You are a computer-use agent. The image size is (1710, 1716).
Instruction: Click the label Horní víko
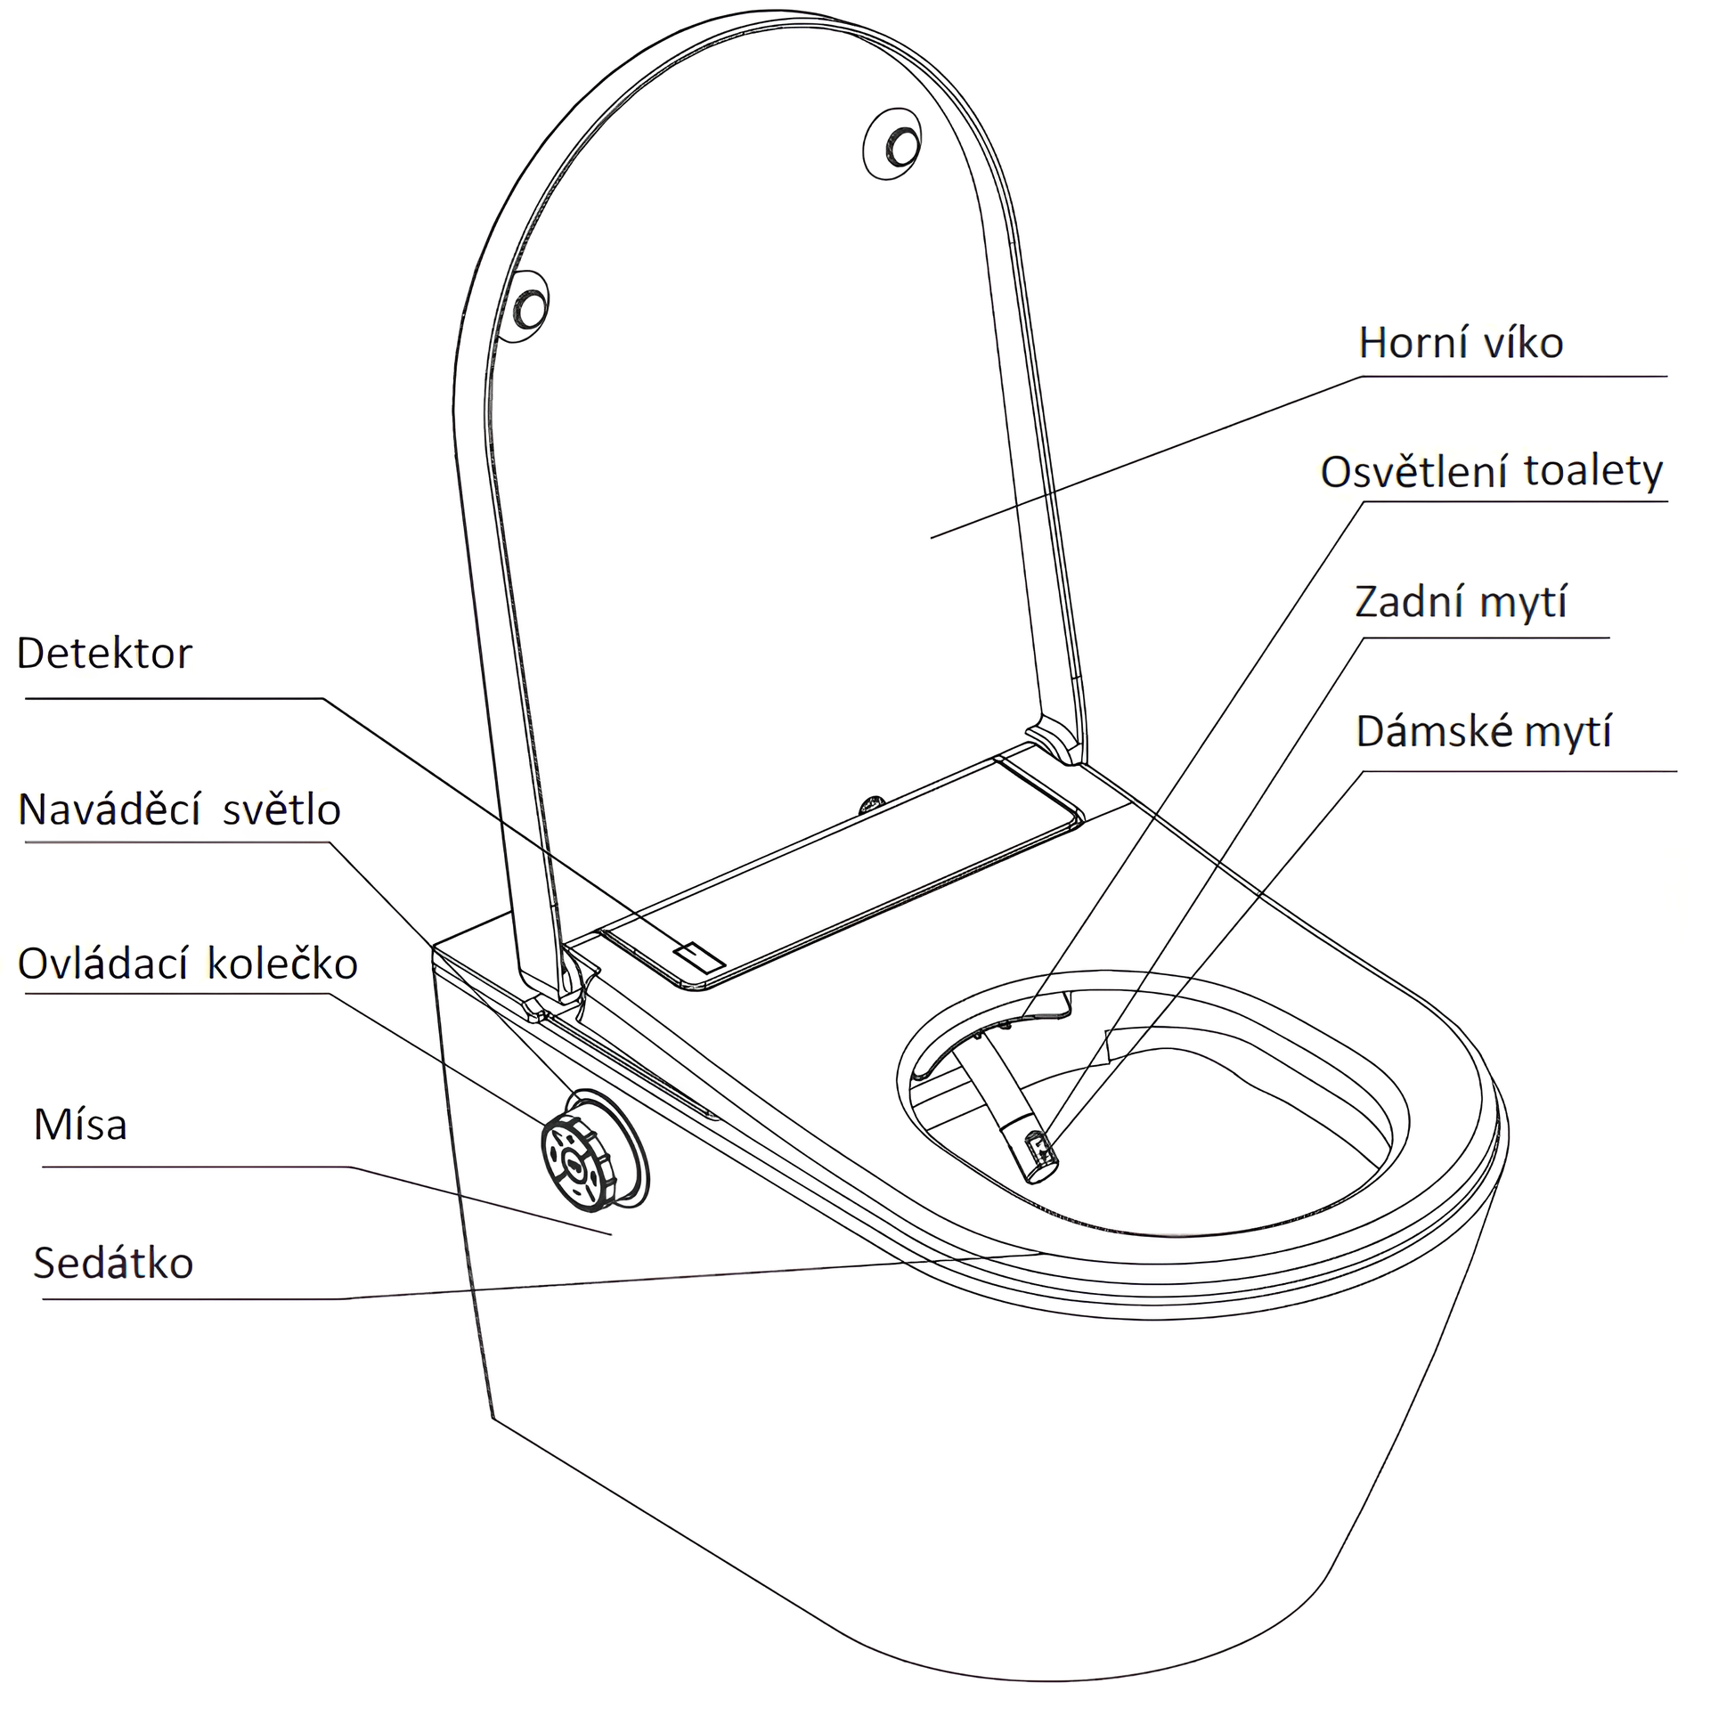[x=1461, y=343]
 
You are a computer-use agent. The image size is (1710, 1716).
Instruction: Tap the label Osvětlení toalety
[x=1492, y=471]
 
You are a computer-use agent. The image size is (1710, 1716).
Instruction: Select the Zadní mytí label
[x=1461, y=602]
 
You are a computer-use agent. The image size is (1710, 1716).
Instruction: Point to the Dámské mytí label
[x=1484, y=731]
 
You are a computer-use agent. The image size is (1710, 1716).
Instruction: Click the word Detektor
[x=104, y=653]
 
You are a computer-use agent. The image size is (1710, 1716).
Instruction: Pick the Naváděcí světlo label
[x=179, y=809]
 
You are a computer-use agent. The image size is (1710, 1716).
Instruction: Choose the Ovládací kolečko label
[x=188, y=964]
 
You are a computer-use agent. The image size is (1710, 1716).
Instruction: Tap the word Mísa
[x=80, y=1125]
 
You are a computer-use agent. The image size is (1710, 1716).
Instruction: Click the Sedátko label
[x=113, y=1263]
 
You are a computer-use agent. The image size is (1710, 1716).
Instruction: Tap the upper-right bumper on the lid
[x=892, y=144]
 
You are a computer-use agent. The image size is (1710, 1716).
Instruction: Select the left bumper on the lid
[x=530, y=305]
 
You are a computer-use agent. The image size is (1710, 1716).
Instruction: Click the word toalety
[x=1593, y=471]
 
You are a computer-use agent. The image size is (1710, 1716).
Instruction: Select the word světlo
[x=281, y=809]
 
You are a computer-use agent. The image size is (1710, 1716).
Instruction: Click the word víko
[x=1519, y=343]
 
